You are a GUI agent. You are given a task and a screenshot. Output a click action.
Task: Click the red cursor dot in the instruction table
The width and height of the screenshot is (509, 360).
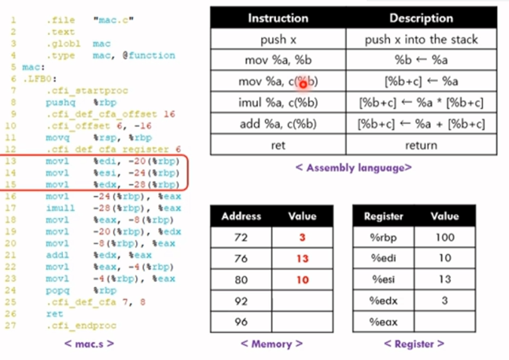point(303,83)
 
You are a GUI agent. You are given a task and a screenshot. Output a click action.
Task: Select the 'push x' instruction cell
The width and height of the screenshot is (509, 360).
point(278,40)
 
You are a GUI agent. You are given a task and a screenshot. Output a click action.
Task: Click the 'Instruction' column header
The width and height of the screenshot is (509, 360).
point(278,18)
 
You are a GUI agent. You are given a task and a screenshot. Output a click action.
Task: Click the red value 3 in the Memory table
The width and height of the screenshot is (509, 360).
point(302,237)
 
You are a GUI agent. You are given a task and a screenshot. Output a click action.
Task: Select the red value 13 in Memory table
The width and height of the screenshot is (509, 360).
point(302,259)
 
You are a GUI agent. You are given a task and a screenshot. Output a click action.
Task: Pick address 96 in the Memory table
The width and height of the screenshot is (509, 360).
point(241,322)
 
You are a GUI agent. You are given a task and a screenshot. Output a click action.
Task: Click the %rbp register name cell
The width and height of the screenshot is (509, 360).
point(383,237)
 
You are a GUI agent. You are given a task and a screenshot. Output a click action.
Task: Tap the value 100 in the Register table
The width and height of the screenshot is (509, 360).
point(444,237)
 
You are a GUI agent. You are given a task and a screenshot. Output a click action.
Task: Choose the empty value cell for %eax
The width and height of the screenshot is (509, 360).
point(444,322)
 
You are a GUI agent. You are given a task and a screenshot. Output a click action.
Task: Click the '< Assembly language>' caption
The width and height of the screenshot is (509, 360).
point(353,168)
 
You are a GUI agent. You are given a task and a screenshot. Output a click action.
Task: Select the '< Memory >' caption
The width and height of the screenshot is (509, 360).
point(271,343)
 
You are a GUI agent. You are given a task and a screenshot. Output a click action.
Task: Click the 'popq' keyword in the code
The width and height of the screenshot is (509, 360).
point(57,291)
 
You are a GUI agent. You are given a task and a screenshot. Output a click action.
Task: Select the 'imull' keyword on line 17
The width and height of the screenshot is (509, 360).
point(60,208)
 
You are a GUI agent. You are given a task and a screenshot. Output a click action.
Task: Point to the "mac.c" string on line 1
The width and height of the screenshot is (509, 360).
point(113,20)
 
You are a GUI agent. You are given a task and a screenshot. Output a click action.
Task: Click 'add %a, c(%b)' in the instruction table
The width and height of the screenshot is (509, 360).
point(278,124)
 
